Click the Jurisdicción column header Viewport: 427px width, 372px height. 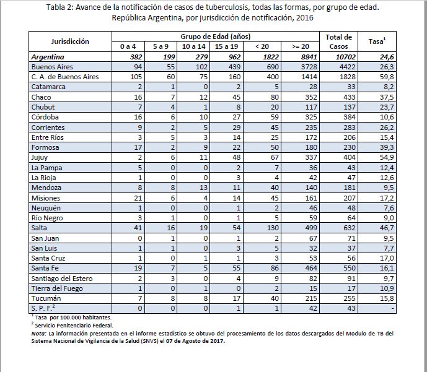point(70,41)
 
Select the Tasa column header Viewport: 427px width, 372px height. point(377,41)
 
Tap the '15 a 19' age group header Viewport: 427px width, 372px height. point(226,46)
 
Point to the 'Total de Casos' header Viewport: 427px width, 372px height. point(339,41)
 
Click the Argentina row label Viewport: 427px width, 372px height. point(48,57)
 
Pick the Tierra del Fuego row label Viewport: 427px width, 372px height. point(57,288)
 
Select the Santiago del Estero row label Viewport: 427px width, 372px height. point(62,279)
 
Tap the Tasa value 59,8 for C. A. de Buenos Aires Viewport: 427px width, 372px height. point(387,77)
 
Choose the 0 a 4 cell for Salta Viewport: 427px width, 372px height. point(138,228)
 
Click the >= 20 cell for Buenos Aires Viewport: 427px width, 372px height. point(309,67)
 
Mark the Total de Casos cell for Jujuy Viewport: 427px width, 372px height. point(350,157)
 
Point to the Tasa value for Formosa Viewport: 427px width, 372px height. point(387,147)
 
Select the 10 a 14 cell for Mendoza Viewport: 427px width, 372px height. point(203,188)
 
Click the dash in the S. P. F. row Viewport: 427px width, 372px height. point(392,309)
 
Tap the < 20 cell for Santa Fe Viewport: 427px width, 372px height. point(275,268)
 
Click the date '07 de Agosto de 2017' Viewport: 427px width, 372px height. point(195,340)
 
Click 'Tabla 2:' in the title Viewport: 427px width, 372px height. point(59,7)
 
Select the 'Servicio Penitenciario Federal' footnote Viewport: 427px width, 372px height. point(74,325)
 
